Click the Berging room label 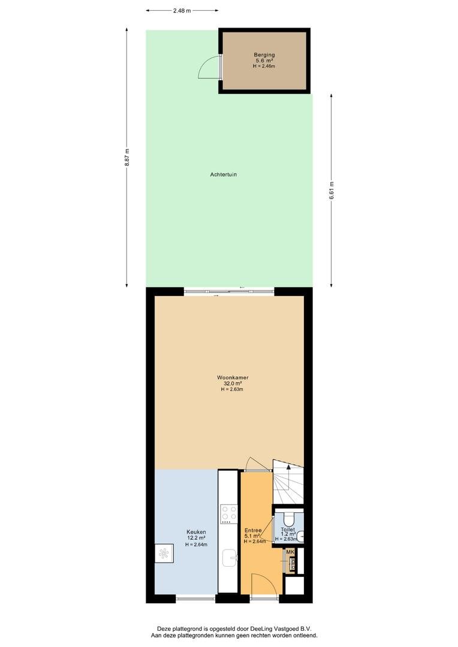[x=264, y=55]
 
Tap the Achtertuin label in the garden [x=224, y=174]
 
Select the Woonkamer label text [x=233, y=377]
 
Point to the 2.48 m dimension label [x=182, y=11]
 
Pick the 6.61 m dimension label [x=332, y=191]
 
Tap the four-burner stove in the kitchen [x=229, y=513]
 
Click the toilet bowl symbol [x=288, y=518]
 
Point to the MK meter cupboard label [x=290, y=552]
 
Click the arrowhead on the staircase [x=288, y=467]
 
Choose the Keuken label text [x=196, y=533]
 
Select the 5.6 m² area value [x=264, y=61]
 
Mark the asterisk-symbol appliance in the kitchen [x=164, y=553]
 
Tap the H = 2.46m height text [x=264, y=66]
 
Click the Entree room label [x=253, y=530]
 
